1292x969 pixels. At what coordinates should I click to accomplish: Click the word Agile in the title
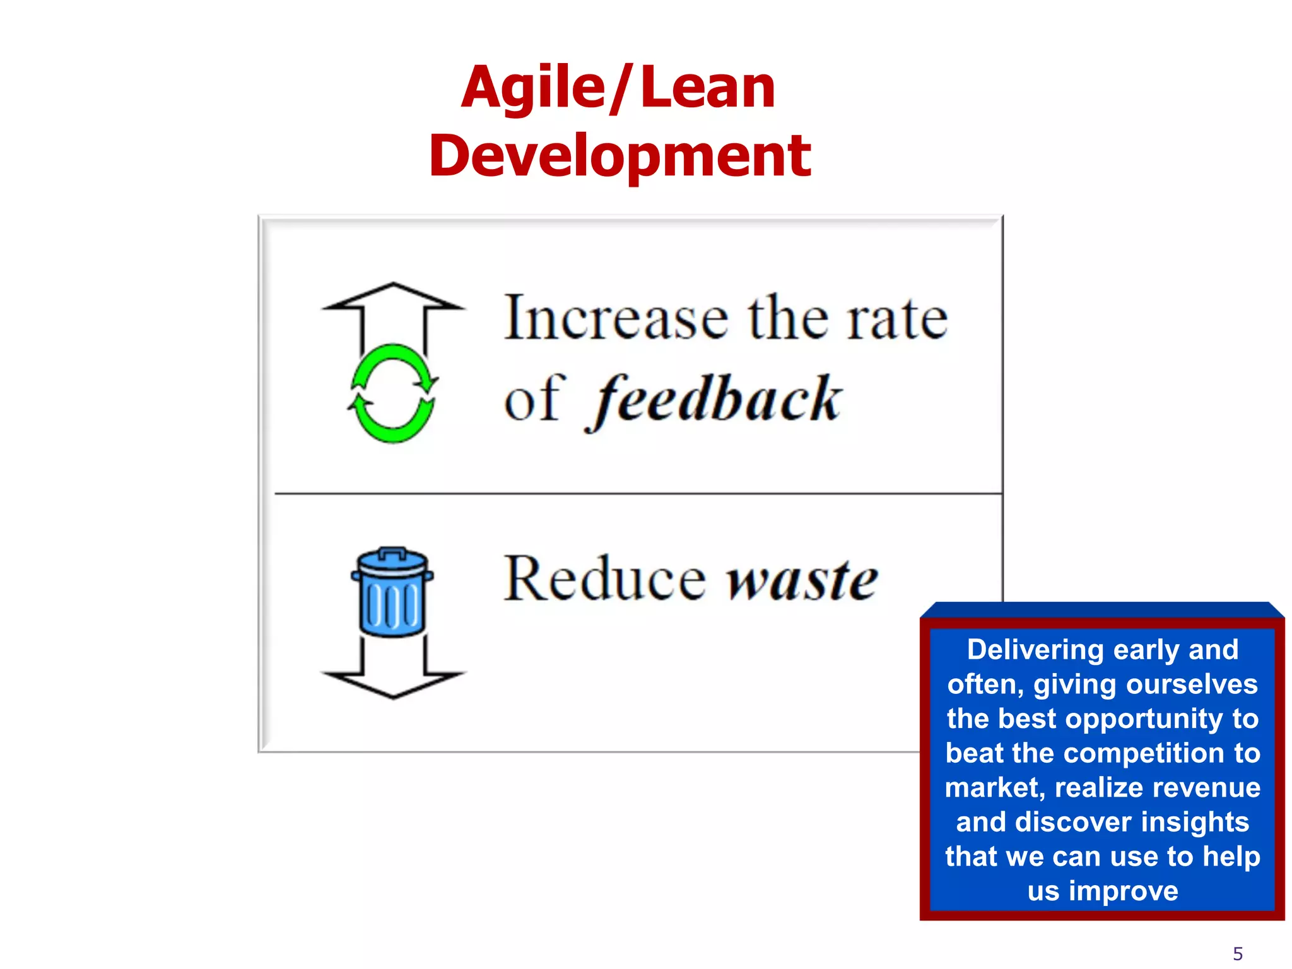pos(532,88)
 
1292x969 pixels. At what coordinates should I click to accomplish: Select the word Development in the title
pos(620,156)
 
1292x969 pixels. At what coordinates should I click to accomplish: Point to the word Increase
pos(616,319)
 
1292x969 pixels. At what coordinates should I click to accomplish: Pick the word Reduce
pos(604,578)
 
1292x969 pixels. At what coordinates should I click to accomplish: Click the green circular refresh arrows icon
pos(393,393)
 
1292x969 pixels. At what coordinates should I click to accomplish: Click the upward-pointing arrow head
pos(393,297)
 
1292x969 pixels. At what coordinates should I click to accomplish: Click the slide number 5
pos(1238,953)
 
